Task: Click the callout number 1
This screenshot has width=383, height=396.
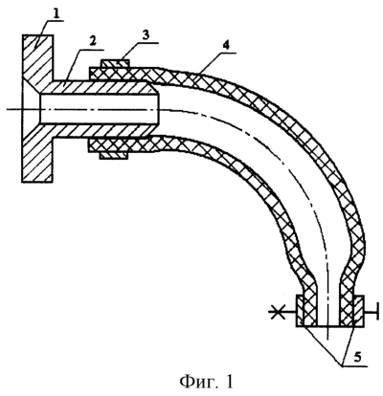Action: click(56, 14)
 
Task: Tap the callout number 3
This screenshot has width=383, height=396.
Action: click(146, 35)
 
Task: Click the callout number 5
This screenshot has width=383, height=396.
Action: click(357, 357)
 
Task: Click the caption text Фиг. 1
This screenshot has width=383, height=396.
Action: click(207, 381)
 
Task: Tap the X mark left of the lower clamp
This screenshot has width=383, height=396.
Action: click(275, 311)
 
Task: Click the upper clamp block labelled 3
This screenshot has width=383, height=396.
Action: click(115, 63)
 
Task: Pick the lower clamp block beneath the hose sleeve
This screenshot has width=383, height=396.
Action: click(114, 155)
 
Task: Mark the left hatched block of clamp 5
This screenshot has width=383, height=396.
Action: click(302, 311)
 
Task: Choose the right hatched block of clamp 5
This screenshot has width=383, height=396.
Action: click(358, 311)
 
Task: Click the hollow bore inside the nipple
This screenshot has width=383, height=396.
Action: click(99, 109)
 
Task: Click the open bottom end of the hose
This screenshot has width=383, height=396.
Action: click(328, 326)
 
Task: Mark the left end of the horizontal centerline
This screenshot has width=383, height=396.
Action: click(7, 109)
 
